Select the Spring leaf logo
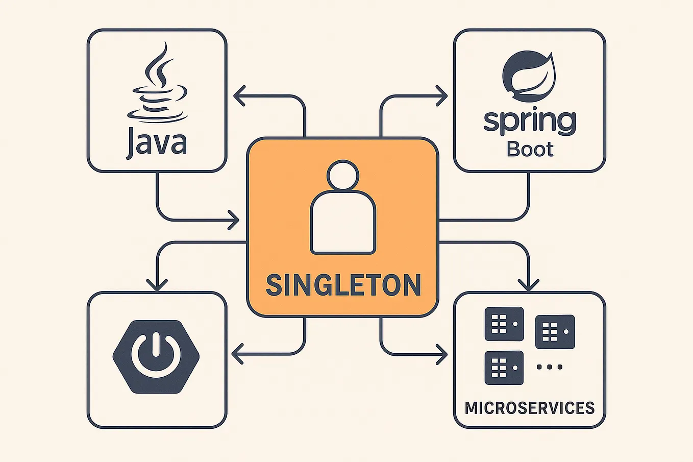point(528,76)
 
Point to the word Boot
point(530,149)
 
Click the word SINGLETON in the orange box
point(343,285)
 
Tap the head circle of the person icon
point(342,176)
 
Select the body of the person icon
point(343,224)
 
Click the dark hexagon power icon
point(156,356)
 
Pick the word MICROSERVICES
point(529,408)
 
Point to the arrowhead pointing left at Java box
point(238,95)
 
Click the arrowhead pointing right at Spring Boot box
point(442,95)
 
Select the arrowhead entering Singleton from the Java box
point(234,220)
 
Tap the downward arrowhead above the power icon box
point(157,284)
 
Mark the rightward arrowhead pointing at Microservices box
point(442,353)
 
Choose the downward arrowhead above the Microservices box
point(529,284)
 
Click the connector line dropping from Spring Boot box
point(529,197)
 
